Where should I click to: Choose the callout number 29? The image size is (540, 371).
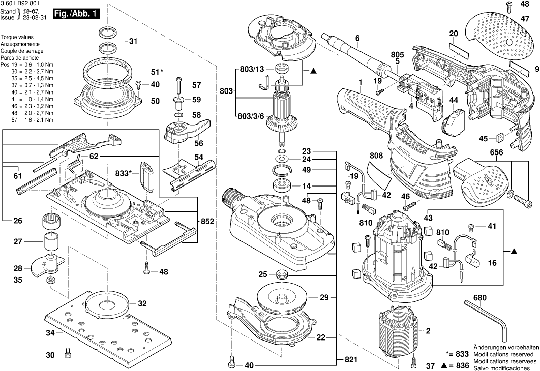coord(324,297)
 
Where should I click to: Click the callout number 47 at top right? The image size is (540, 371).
coord(525,18)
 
